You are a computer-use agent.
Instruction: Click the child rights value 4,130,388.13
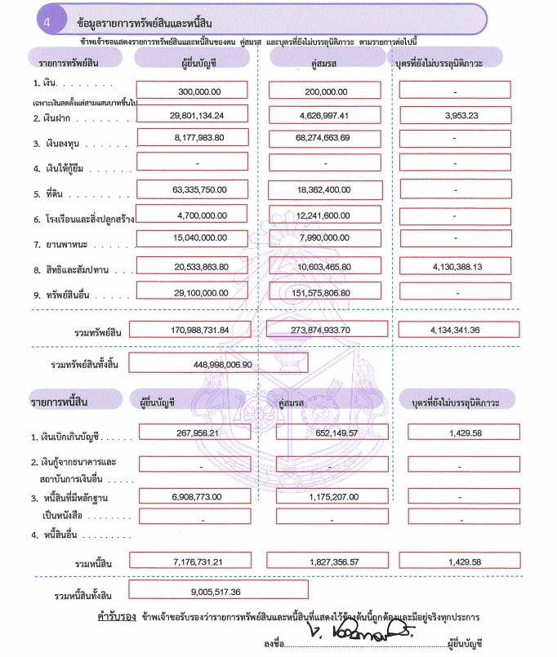tap(456, 267)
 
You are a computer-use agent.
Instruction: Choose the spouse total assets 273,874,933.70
tap(326, 330)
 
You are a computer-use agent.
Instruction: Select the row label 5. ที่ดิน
tap(48, 194)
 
